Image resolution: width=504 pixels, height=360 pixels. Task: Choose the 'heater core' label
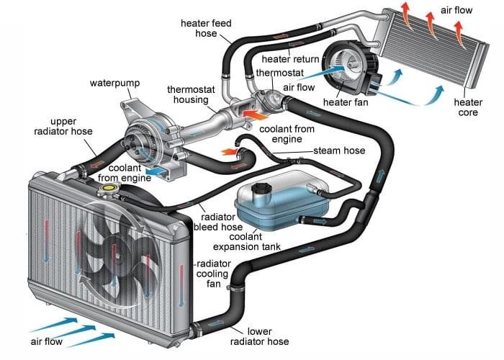(x=467, y=107)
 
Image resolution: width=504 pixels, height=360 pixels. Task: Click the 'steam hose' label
(x=338, y=150)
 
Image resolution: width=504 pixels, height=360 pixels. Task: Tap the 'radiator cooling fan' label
(x=212, y=274)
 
